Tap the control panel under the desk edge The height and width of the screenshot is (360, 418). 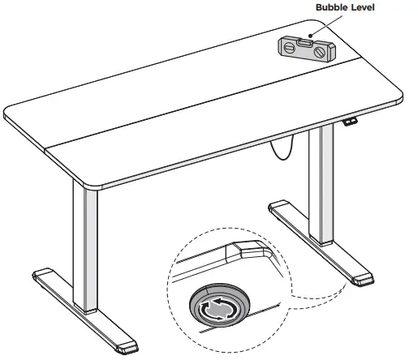350,122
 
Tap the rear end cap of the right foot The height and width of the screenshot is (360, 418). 279,207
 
